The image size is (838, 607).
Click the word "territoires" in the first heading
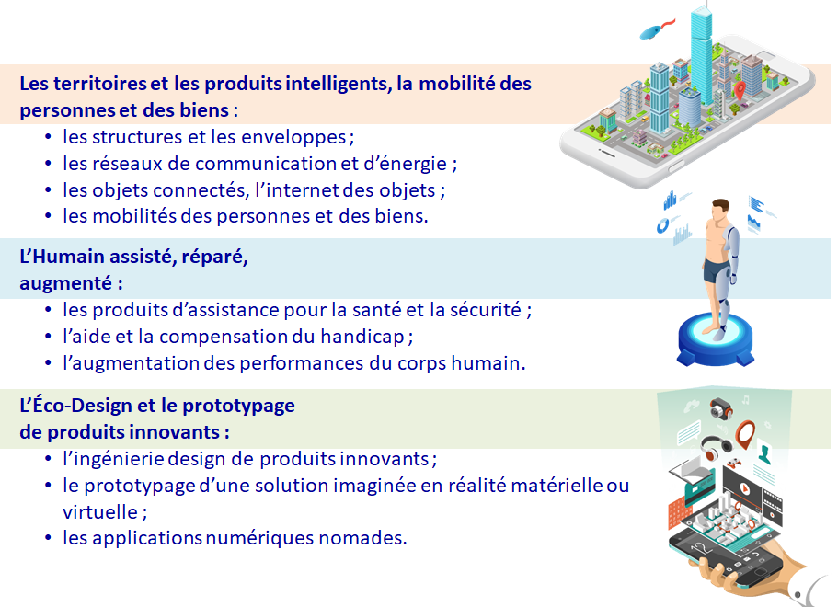point(100,84)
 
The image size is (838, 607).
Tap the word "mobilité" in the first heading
point(456,84)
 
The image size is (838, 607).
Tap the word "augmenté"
point(65,284)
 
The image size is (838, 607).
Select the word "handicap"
point(362,338)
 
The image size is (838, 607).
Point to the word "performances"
point(302,364)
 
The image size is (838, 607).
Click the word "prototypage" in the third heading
point(238,407)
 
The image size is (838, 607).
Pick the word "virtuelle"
point(100,512)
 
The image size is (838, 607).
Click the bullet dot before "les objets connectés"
point(49,190)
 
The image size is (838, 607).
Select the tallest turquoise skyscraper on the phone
point(701,59)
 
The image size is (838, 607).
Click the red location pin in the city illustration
point(740,90)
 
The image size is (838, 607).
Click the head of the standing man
point(720,209)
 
